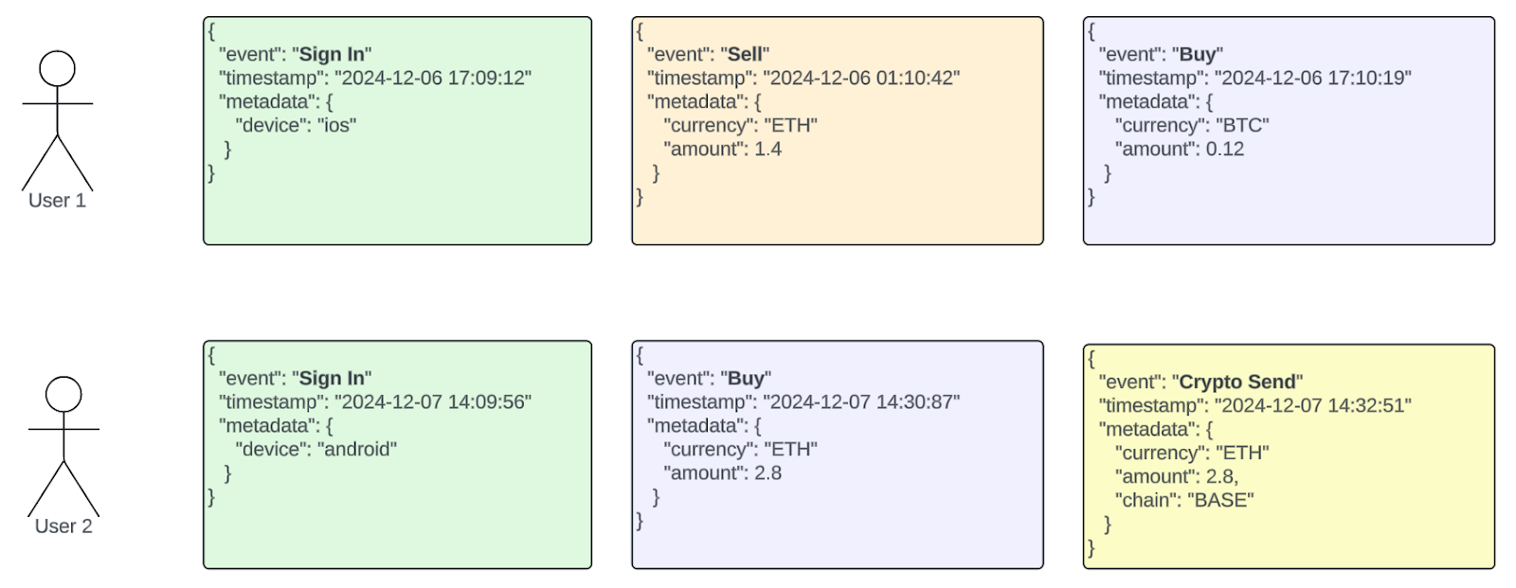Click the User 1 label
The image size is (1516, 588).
click(57, 201)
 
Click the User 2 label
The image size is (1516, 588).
click(63, 526)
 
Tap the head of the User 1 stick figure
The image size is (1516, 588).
click(57, 69)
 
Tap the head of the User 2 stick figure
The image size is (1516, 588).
click(63, 394)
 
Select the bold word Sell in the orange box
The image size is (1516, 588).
click(745, 55)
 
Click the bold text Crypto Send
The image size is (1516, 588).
click(1236, 382)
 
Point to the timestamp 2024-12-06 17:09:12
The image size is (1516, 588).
click(432, 79)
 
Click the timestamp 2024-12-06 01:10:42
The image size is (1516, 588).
click(860, 79)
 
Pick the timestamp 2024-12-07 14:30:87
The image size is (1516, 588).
click(860, 402)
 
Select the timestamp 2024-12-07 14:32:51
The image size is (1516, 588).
click(1312, 405)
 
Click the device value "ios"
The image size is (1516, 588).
click(336, 126)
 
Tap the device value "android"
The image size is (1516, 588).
click(356, 450)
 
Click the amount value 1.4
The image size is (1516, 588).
click(767, 150)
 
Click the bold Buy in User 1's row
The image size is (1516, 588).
click(1198, 55)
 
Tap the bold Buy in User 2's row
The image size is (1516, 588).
click(746, 379)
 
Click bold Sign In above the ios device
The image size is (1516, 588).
click(332, 55)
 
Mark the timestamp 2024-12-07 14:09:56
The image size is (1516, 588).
click(432, 402)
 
